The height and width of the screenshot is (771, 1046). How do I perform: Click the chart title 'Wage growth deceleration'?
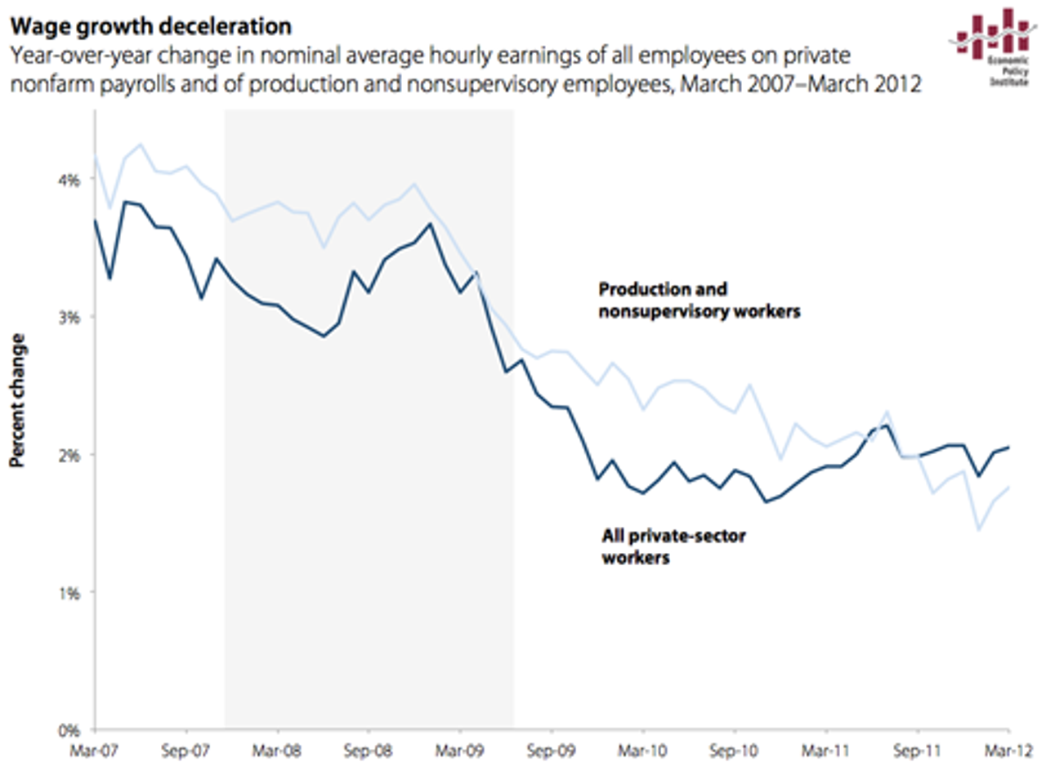[x=150, y=26]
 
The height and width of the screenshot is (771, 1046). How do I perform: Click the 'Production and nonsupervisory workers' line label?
[x=700, y=300]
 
